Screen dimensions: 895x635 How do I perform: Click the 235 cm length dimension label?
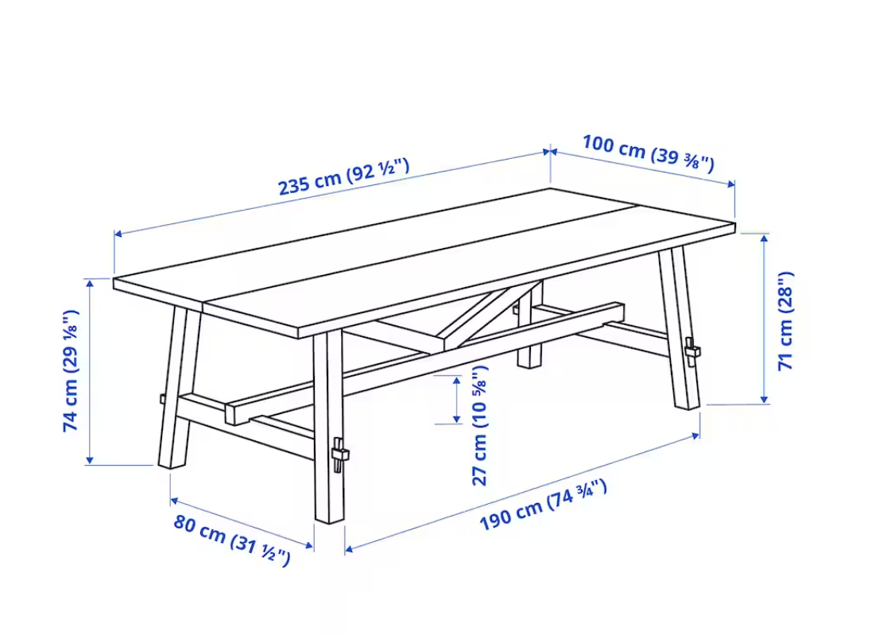(343, 176)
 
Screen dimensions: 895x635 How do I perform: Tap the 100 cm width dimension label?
(648, 153)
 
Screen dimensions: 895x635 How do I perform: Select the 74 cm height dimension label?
(72, 371)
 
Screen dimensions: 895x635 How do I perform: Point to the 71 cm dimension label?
(785, 321)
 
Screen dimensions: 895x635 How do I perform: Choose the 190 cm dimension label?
(543, 505)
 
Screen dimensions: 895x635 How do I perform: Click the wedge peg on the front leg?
(339, 454)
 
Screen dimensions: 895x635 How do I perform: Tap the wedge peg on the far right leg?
(692, 350)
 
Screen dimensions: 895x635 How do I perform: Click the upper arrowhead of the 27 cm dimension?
(456, 381)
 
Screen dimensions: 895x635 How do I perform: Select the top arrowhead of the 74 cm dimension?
(90, 283)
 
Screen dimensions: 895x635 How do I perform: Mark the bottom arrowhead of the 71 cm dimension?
(765, 399)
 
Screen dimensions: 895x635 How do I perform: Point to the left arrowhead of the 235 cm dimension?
(118, 234)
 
